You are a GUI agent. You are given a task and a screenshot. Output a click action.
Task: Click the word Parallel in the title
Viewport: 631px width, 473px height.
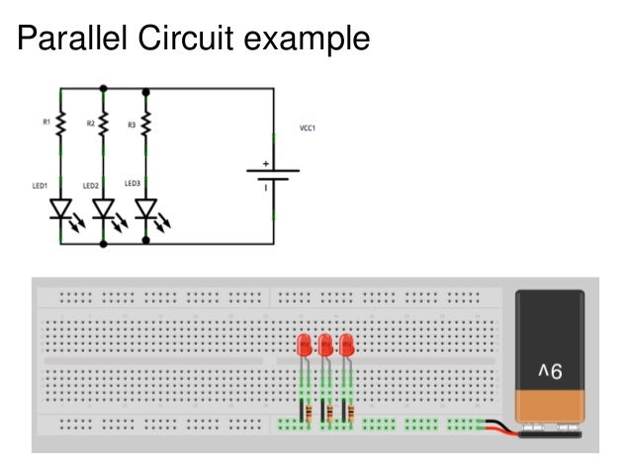pos(69,39)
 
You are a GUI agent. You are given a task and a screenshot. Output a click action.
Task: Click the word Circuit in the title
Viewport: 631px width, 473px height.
pos(183,39)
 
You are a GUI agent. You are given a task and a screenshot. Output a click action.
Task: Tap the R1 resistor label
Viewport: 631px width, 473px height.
pos(45,122)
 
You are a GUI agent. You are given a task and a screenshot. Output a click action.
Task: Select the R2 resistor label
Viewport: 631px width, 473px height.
pos(90,123)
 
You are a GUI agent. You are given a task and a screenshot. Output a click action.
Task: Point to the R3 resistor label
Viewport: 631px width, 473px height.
pos(132,124)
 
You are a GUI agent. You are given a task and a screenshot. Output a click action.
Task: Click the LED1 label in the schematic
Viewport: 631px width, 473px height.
pos(39,185)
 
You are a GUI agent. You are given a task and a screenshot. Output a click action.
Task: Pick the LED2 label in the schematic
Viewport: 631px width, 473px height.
pos(90,185)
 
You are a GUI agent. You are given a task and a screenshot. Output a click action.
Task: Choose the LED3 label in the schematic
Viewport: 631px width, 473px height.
pos(133,183)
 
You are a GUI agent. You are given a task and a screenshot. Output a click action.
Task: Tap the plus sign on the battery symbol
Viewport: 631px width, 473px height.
pos(265,164)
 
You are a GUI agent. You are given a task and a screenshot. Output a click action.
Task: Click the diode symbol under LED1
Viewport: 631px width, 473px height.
pos(61,209)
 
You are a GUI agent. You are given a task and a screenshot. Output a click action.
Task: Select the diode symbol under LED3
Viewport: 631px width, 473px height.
pos(146,209)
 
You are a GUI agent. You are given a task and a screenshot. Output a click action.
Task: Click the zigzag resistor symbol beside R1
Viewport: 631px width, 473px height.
pos(61,123)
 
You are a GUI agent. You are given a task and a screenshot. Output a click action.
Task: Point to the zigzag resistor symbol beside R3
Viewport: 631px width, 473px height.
pos(146,124)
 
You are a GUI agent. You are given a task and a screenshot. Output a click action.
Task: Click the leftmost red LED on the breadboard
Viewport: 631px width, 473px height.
pos(305,346)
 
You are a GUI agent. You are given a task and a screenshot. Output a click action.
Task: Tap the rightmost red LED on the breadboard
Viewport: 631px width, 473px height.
pos(346,346)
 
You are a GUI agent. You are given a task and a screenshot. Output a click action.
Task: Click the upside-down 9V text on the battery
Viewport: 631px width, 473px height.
pos(550,371)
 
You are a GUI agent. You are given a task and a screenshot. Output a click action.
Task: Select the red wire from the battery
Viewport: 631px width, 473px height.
pos(500,428)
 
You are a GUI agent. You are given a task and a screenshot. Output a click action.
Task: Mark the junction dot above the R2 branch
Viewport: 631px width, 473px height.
pos(104,89)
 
